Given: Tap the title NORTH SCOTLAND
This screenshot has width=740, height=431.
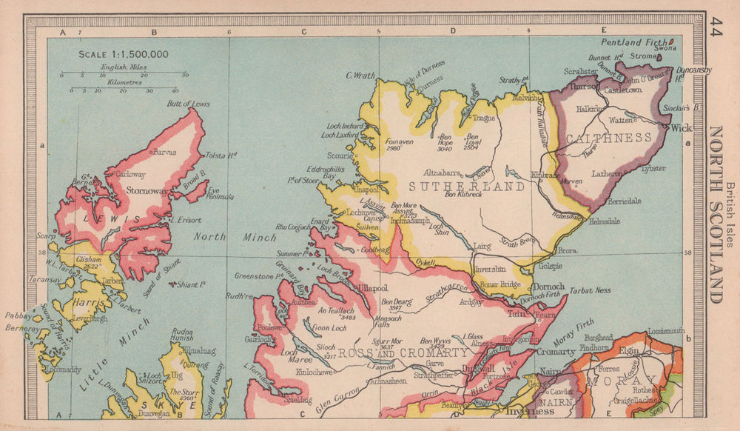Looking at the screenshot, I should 716,214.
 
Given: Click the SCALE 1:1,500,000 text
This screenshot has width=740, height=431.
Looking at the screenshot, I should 124,54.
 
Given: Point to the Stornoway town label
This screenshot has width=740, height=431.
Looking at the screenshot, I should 148,190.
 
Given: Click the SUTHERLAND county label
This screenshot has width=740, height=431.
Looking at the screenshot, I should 466,187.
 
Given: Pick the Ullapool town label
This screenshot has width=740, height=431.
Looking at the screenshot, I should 374,286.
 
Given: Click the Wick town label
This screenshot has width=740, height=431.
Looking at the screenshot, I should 681,127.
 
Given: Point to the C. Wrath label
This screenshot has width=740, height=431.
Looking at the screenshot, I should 360,75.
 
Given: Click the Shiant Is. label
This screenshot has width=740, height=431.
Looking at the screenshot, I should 193,284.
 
